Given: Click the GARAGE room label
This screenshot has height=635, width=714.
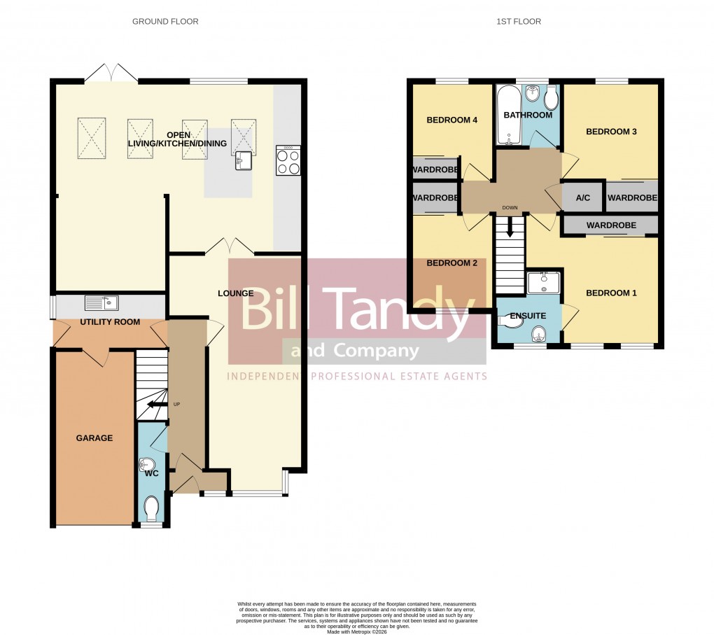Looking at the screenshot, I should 94,438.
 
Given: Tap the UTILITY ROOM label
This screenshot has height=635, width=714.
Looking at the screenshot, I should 110,322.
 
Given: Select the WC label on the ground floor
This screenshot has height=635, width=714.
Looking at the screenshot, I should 151,474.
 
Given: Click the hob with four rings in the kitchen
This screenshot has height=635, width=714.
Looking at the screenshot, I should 288,162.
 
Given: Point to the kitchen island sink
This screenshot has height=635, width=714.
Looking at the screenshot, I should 244,160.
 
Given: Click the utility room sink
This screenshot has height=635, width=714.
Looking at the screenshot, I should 101,303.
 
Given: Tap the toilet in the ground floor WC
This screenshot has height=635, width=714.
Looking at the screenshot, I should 152,508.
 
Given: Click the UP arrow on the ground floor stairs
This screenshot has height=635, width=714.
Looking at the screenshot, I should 156,404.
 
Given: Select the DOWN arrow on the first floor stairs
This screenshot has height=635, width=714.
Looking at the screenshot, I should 510,225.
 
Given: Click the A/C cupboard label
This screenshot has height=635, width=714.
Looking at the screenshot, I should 582,198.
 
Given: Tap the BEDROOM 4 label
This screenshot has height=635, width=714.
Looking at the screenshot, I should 451,120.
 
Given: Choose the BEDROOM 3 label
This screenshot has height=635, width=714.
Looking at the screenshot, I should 611,132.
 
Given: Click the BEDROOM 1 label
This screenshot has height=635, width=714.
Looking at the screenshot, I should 611,293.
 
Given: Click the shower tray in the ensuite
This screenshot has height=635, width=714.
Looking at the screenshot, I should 543,283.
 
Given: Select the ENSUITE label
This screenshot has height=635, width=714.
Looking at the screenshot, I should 528,316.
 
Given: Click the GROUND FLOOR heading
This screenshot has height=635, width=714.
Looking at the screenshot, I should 165,22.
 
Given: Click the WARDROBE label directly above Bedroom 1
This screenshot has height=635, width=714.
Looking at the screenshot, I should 611,225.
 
